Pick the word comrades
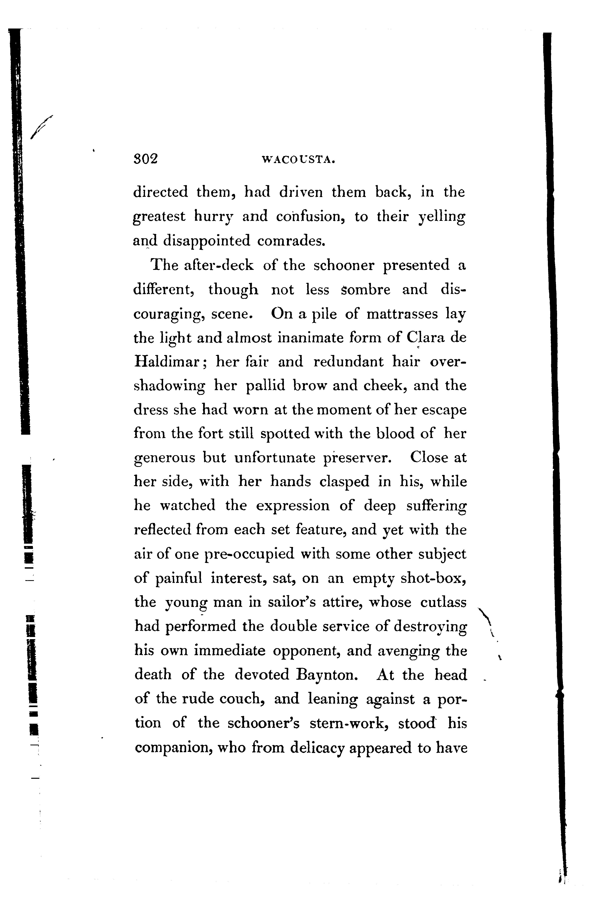coord(291,241)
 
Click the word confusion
coord(309,217)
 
